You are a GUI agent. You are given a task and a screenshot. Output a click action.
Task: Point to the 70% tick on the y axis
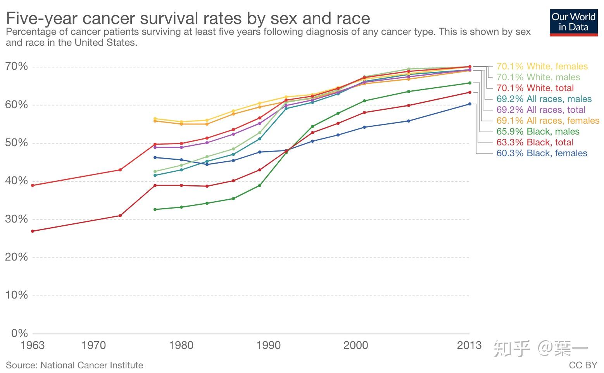click(x=17, y=66)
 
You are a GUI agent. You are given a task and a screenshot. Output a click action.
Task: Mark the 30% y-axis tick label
click(x=17, y=219)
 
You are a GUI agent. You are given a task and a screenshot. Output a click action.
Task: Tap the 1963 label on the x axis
click(x=33, y=345)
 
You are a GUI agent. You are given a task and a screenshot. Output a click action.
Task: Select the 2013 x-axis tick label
click(x=469, y=345)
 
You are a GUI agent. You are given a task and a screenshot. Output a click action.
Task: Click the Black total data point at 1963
click(x=33, y=231)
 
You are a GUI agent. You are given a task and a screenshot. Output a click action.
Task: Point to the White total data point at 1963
click(x=33, y=185)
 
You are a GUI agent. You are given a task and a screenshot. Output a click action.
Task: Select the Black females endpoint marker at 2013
click(x=469, y=104)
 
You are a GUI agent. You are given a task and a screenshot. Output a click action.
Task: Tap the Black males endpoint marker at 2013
click(x=469, y=83)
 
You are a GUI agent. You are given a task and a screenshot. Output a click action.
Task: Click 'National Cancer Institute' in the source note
click(x=91, y=365)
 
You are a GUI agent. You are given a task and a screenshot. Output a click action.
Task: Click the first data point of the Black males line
click(x=155, y=209)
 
